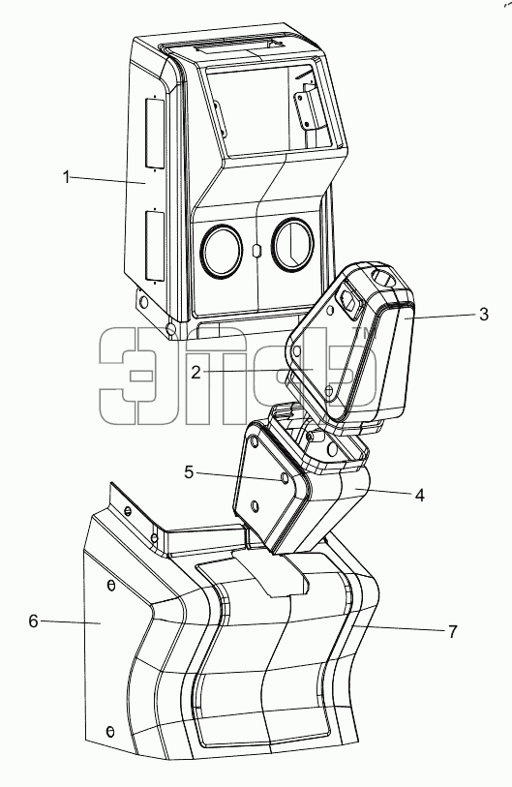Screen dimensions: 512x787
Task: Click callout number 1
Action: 66,177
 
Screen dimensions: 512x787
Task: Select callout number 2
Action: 196,372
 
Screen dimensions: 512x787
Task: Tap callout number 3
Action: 483,315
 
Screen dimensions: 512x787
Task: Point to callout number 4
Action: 420,495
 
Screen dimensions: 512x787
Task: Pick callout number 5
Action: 189,472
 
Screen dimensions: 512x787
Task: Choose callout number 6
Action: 33,621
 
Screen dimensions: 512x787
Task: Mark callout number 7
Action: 453,631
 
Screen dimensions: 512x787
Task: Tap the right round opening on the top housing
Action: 292,244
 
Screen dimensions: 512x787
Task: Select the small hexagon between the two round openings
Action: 256,250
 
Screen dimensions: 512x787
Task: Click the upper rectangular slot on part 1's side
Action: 155,132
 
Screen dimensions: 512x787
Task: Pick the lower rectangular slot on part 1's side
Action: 155,246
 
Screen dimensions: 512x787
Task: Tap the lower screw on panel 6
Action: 110,731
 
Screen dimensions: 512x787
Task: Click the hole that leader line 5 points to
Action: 286,479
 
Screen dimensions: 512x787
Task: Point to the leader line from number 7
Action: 399,629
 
